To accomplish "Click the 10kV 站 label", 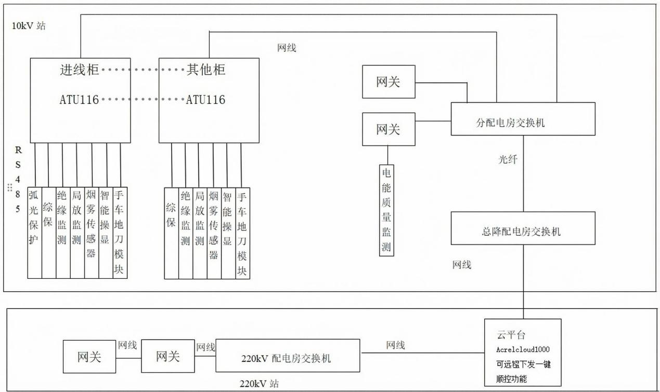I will point(29,26).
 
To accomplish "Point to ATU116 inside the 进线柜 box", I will point(79,100).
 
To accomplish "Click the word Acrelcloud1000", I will point(522,349).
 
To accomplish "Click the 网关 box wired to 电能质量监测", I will point(389,129).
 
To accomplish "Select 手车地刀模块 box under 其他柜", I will point(242,233).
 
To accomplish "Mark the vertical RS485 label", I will point(18,180).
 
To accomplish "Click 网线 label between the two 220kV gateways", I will point(127,345).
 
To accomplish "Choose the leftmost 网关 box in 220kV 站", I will point(89,357).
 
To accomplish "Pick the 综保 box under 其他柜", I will point(171,233).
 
